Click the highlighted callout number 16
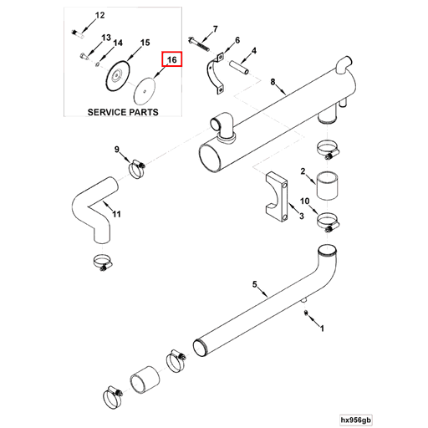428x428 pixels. [x=172, y=59]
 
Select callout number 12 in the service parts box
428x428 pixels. [x=99, y=15]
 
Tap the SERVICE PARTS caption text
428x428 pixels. [x=123, y=112]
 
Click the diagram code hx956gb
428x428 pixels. [x=356, y=420]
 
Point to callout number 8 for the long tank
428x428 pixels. [x=273, y=82]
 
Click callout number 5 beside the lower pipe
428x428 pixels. [x=255, y=284]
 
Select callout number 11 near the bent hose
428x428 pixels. [x=116, y=214]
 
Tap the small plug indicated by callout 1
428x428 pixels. [x=306, y=313]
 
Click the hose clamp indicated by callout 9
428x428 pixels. [x=136, y=169]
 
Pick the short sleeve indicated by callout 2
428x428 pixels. [x=327, y=185]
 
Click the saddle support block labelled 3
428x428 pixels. [x=277, y=196]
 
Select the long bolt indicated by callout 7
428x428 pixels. [x=199, y=43]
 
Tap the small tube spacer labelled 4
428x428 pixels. [x=239, y=67]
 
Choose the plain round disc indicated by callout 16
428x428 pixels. [x=145, y=91]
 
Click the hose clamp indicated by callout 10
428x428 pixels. [x=329, y=222]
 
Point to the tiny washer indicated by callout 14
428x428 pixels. [x=98, y=64]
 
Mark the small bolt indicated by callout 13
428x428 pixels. [x=84, y=57]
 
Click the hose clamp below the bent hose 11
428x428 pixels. [x=103, y=262]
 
